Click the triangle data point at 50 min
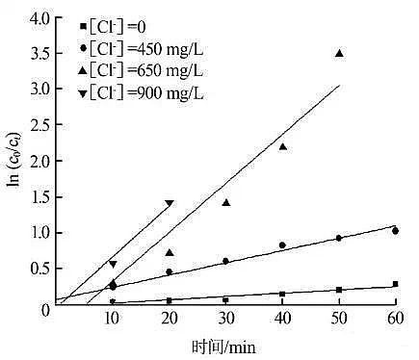pyautogui.click(x=339, y=54)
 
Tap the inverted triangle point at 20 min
pyautogui.click(x=170, y=203)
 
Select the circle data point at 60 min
pyautogui.click(x=395, y=231)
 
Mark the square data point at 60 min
pyautogui.click(x=395, y=284)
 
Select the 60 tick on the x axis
pyautogui.click(x=394, y=320)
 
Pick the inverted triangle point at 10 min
pyautogui.click(x=113, y=264)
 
